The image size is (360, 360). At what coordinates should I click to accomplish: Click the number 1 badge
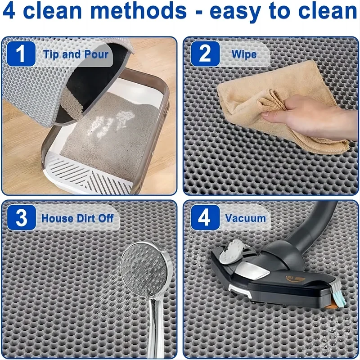(21, 54)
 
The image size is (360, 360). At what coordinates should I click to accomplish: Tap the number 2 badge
(205, 54)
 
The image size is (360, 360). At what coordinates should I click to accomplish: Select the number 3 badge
(21, 217)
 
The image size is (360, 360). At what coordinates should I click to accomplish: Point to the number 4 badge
(205, 217)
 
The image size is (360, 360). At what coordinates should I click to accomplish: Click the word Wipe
(244, 54)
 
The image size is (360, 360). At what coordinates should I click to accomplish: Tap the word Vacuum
(245, 218)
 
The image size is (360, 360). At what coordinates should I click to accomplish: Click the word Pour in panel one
(96, 54)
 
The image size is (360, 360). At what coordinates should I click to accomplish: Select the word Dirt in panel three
(86, 218)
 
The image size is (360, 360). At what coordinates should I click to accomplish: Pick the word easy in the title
(235, 12)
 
